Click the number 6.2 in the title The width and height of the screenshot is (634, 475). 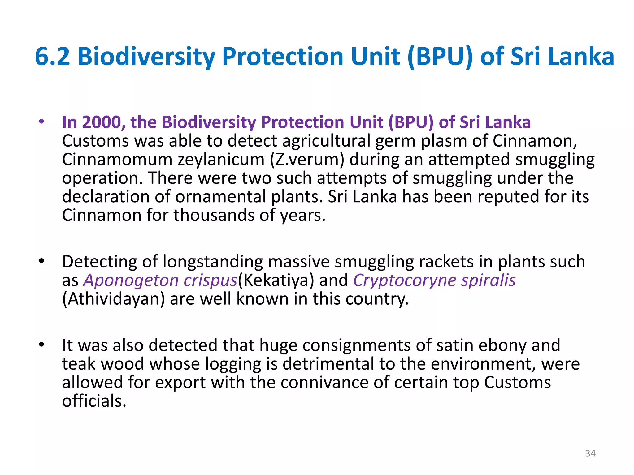(52, 57)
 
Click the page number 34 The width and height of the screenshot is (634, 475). (590, 453)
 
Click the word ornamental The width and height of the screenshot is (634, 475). (220, 197)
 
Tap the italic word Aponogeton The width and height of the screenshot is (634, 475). (131, 280)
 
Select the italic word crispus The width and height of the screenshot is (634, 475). (210, 280)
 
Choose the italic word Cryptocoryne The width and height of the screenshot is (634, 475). (405, 280)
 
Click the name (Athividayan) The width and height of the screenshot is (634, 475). (113, 299)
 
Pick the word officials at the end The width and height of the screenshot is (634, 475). (94, 401)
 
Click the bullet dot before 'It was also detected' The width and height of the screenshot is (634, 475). (41, 344)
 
